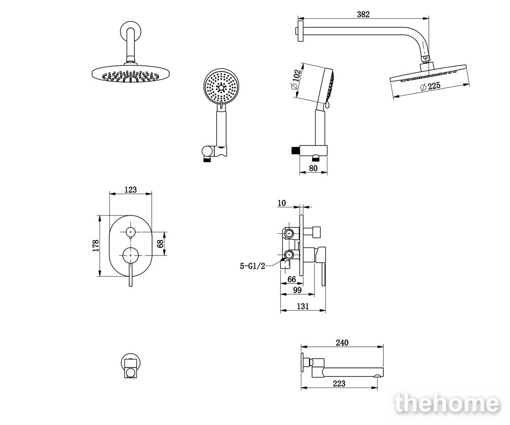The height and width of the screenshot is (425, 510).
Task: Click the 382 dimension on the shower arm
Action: click(x=363, y=14)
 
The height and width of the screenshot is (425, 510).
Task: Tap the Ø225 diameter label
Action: click(x=430, y=86)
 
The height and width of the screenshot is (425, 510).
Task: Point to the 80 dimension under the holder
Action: click(x=313, y=168)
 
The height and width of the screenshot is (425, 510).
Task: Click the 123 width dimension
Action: click(x=130, y=190)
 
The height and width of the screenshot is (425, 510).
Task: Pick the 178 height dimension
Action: click(x=96, y=246)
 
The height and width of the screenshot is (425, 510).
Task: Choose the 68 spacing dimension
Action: click(x=160, y=244)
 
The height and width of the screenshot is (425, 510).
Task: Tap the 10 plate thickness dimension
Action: click(x=282, y=203)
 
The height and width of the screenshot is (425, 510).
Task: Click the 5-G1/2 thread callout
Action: click(x=252, y=266)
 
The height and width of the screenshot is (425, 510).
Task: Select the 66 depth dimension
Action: click(x=292, y=279)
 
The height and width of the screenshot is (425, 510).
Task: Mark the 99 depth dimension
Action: click(x=297, y=290)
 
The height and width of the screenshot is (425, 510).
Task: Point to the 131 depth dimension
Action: click(x=303, y=306)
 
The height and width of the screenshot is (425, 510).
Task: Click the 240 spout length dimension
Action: click(x=342, y=343)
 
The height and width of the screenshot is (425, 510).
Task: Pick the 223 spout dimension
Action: click(x=339, y=384)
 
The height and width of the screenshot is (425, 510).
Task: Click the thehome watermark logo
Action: click(x=447, y=403)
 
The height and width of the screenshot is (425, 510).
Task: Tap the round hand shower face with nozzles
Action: click(x=221, y=86)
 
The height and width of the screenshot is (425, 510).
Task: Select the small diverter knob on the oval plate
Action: click(x=130, y=232)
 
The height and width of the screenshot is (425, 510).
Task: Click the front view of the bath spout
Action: click(x=130, y=365)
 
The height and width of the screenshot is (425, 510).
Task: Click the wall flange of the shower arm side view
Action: click(x=300, y=31)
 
